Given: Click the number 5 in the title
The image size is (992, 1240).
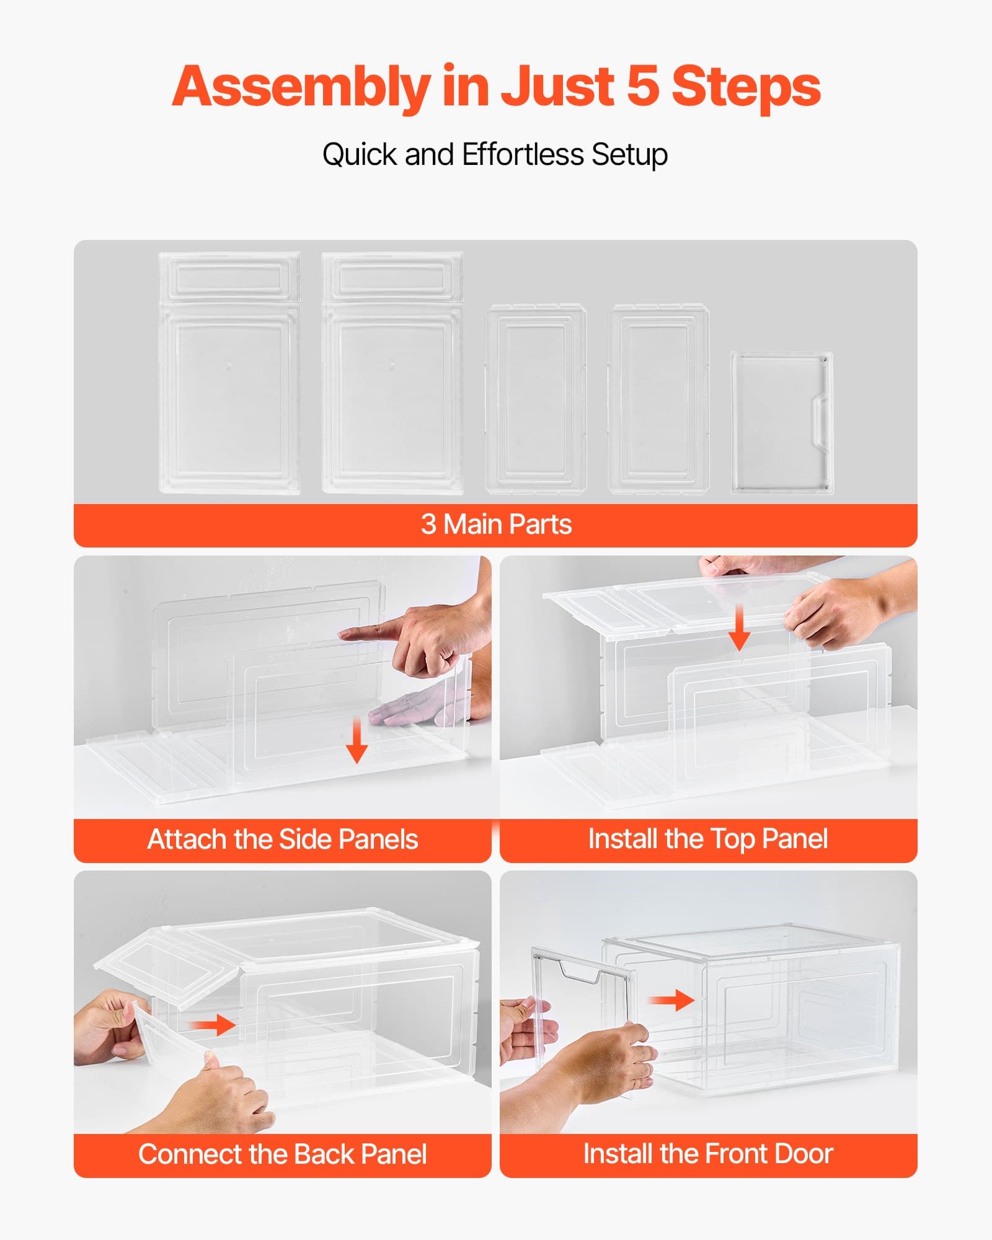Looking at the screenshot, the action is click(x=643, y=86).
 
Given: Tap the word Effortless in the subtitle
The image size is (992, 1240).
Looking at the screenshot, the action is click(x=523, y=154).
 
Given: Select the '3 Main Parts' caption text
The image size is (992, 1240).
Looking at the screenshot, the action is click(x=496, y=525).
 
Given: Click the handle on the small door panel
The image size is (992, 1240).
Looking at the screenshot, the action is click(x=820, y=421).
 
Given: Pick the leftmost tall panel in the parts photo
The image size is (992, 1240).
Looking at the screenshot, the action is click(x=229, y=373).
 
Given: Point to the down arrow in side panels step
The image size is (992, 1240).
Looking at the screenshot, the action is click(x=356, y=742).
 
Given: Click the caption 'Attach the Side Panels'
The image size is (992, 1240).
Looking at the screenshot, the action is click(x=283, y=839).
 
